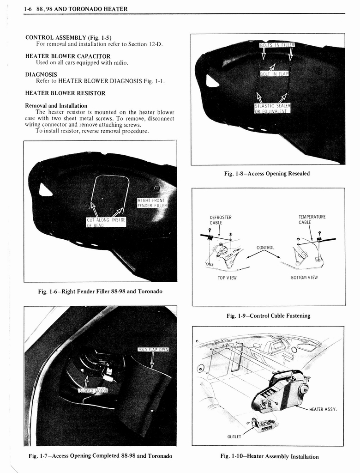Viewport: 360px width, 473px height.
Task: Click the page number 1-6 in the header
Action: (29, 9)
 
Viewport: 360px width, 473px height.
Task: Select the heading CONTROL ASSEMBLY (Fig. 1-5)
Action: (68, 37)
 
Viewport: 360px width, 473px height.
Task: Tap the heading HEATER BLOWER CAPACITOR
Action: (68, 56)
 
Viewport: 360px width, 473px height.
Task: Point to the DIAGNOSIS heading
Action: (41, 74)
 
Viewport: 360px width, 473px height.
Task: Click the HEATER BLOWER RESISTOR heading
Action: (65, 93)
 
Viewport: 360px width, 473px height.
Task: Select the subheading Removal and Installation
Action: (56, 105)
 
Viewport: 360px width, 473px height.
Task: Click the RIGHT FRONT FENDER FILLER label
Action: (152, 203)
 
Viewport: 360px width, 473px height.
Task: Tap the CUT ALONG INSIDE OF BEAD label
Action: (106, 222)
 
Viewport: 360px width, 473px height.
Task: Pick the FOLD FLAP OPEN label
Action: (153, 349)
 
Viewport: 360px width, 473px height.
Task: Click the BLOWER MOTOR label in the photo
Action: (93, 390)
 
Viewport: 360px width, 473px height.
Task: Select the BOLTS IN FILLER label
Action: (277, 45)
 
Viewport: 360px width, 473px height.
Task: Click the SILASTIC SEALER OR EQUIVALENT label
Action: (272, 108)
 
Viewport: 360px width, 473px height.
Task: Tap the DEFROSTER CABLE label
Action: (221, 220)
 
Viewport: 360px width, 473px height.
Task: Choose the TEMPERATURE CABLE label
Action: (312, 219)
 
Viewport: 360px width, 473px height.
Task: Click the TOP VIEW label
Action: (227, 278)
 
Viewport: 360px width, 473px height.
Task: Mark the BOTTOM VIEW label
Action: (304, 278)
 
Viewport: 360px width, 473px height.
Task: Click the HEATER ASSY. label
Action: (323, 409)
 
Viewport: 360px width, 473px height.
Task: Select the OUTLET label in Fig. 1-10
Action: (235, 436)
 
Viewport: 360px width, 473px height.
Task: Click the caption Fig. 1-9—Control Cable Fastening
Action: (268, 316)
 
